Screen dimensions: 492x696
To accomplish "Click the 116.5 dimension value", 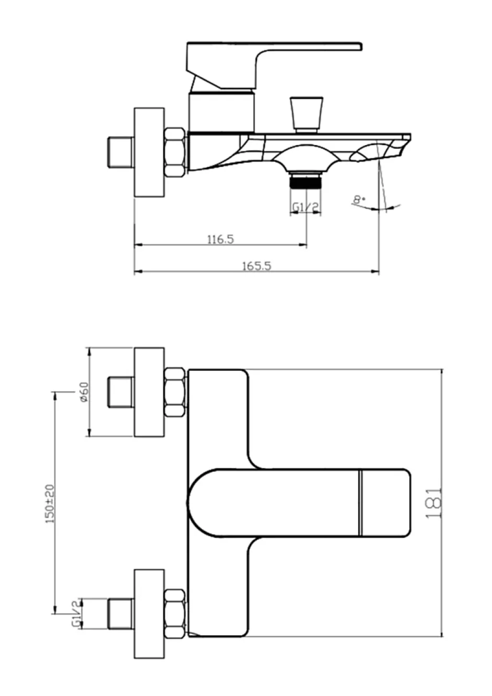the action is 220,239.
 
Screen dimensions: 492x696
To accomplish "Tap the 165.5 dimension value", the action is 256,266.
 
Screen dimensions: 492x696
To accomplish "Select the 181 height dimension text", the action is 433,504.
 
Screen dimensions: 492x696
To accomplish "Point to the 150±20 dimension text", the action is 50,504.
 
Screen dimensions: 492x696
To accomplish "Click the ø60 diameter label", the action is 84,392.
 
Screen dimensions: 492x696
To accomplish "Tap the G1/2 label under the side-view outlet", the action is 306,207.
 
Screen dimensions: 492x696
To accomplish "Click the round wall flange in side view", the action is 149,152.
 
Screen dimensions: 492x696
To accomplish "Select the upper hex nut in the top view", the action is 175,392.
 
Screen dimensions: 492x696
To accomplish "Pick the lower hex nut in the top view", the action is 175,614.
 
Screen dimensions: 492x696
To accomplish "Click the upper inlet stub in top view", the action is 121,392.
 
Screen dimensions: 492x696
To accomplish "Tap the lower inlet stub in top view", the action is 121,614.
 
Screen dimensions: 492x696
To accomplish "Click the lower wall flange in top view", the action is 149,614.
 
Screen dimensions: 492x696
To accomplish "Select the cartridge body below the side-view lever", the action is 222,112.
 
